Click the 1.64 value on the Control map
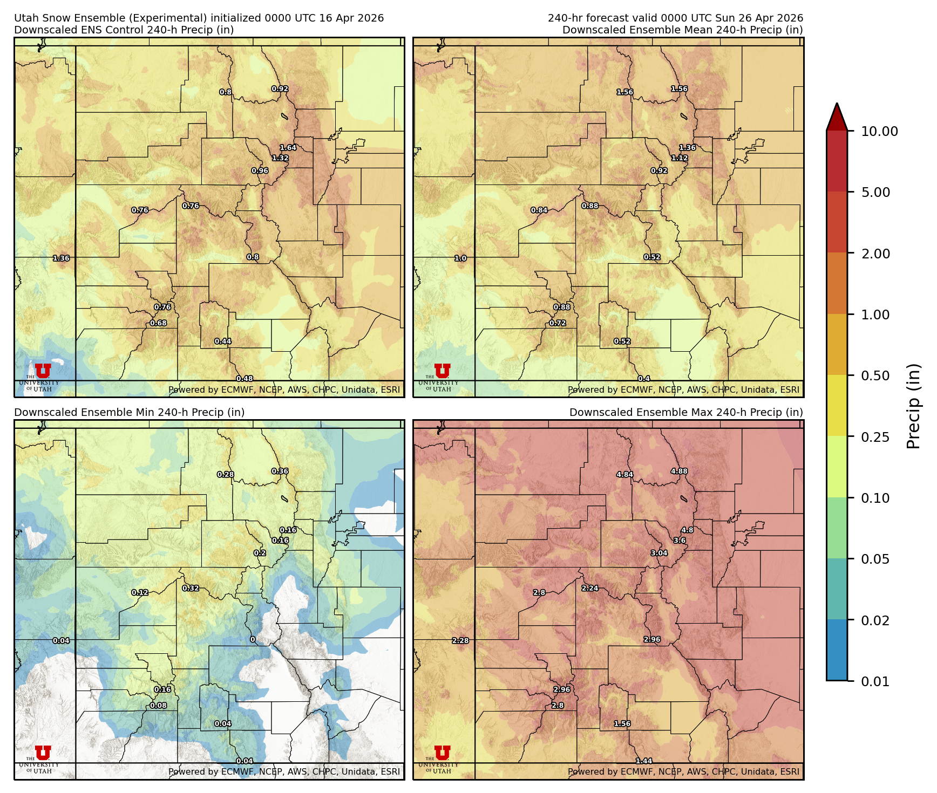coord(288,148)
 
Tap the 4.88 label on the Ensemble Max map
coord(679,471)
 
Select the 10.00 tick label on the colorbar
coord(879,131)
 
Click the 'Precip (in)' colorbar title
coord(913,406)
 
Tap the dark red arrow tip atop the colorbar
coord(837,116)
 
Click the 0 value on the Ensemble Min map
coord(253,640)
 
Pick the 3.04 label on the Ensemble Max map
coord(659,553)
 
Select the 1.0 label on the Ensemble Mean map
coord(460,258)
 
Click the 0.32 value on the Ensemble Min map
coord(191,588)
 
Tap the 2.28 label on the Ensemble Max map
coord(460,641)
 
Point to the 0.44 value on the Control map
coord(223,341)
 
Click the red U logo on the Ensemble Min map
coord(43,753)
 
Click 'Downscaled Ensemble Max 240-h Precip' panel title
coord(686,412)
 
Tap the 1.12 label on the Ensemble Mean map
coord(680,158)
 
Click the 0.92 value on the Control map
coord(280,89)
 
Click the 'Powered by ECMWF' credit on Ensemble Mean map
coord(683,389)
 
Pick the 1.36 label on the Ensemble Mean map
coord(687,148)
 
